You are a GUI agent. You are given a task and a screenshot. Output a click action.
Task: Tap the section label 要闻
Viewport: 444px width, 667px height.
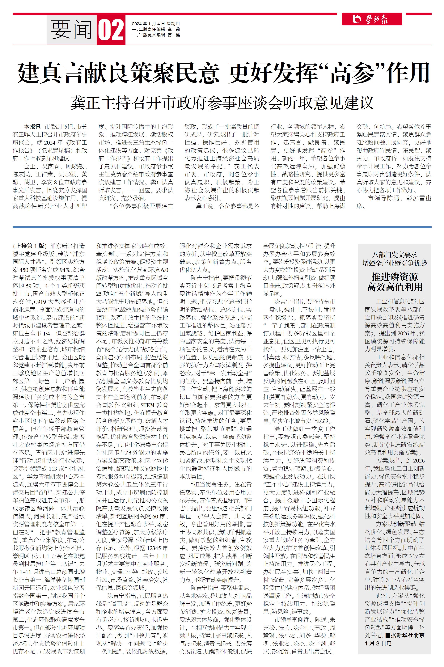pos(71,30)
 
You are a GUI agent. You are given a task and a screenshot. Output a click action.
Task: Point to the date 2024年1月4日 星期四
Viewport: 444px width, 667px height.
pos(155,24)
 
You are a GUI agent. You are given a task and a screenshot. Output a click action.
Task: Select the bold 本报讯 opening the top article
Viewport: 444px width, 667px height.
pos(32,127)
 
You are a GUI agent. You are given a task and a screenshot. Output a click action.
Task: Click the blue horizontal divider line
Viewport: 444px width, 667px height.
pos(222,227)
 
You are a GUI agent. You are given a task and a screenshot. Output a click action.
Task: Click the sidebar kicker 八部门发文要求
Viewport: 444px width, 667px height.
pos(395,255)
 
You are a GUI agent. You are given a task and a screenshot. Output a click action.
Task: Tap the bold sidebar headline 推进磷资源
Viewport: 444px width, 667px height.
pos(395,277)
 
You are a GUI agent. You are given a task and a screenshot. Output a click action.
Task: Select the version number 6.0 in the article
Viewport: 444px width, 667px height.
pos(164,270)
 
